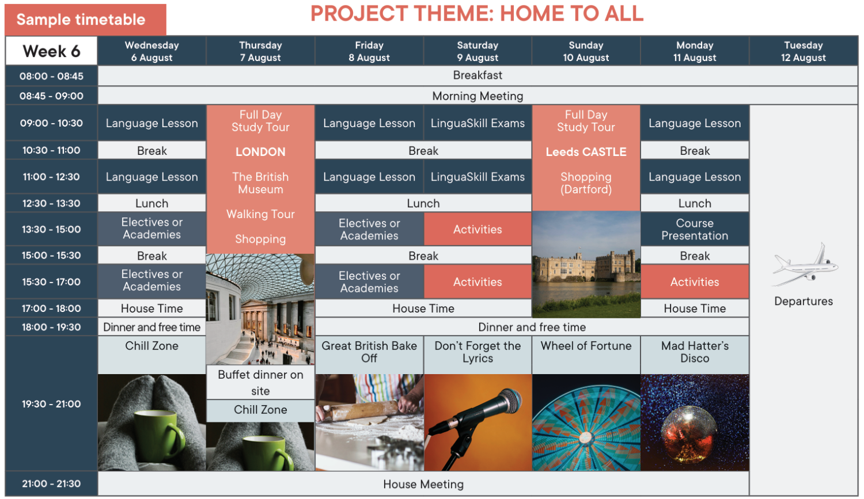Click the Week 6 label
coord(51,51)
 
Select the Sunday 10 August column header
coord(586,51)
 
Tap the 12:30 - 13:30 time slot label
coord(51,203)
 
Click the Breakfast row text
coord(478,75)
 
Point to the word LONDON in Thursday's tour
coord(260,152)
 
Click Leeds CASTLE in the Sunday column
coord(586,152)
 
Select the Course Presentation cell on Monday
coord(695,229)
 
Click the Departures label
coord(804,301)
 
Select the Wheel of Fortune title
coord(586,346)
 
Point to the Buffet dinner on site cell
coord(260,382)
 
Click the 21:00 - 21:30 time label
coord(51,483)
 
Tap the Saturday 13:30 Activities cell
coord(478,229)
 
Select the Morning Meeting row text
coord(478,96)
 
